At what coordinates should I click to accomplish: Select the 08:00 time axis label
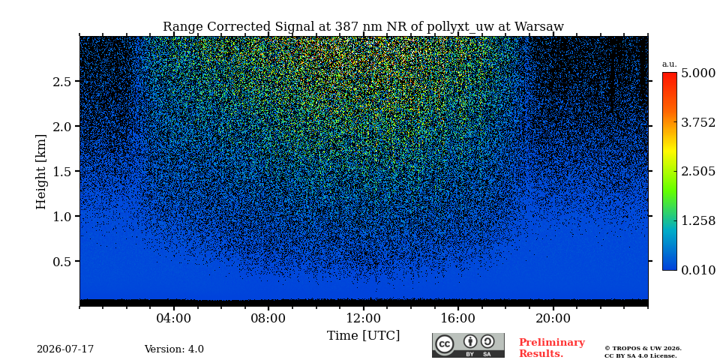(268, 318)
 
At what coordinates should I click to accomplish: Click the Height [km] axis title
(41, 172)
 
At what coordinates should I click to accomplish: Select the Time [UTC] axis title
(363, 336)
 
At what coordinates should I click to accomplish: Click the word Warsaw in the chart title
(539, 27)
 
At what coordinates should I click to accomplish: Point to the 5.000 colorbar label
(698, 73)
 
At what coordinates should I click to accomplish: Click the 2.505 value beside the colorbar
(698, 171)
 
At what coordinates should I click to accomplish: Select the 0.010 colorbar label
(698, 270)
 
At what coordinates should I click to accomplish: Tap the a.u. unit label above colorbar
(670, 64)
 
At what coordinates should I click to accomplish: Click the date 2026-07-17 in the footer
(65, 349)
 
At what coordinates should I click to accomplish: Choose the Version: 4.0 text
(174, 349)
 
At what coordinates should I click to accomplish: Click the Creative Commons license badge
(468, 345)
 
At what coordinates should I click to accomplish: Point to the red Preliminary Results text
(551, 348)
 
